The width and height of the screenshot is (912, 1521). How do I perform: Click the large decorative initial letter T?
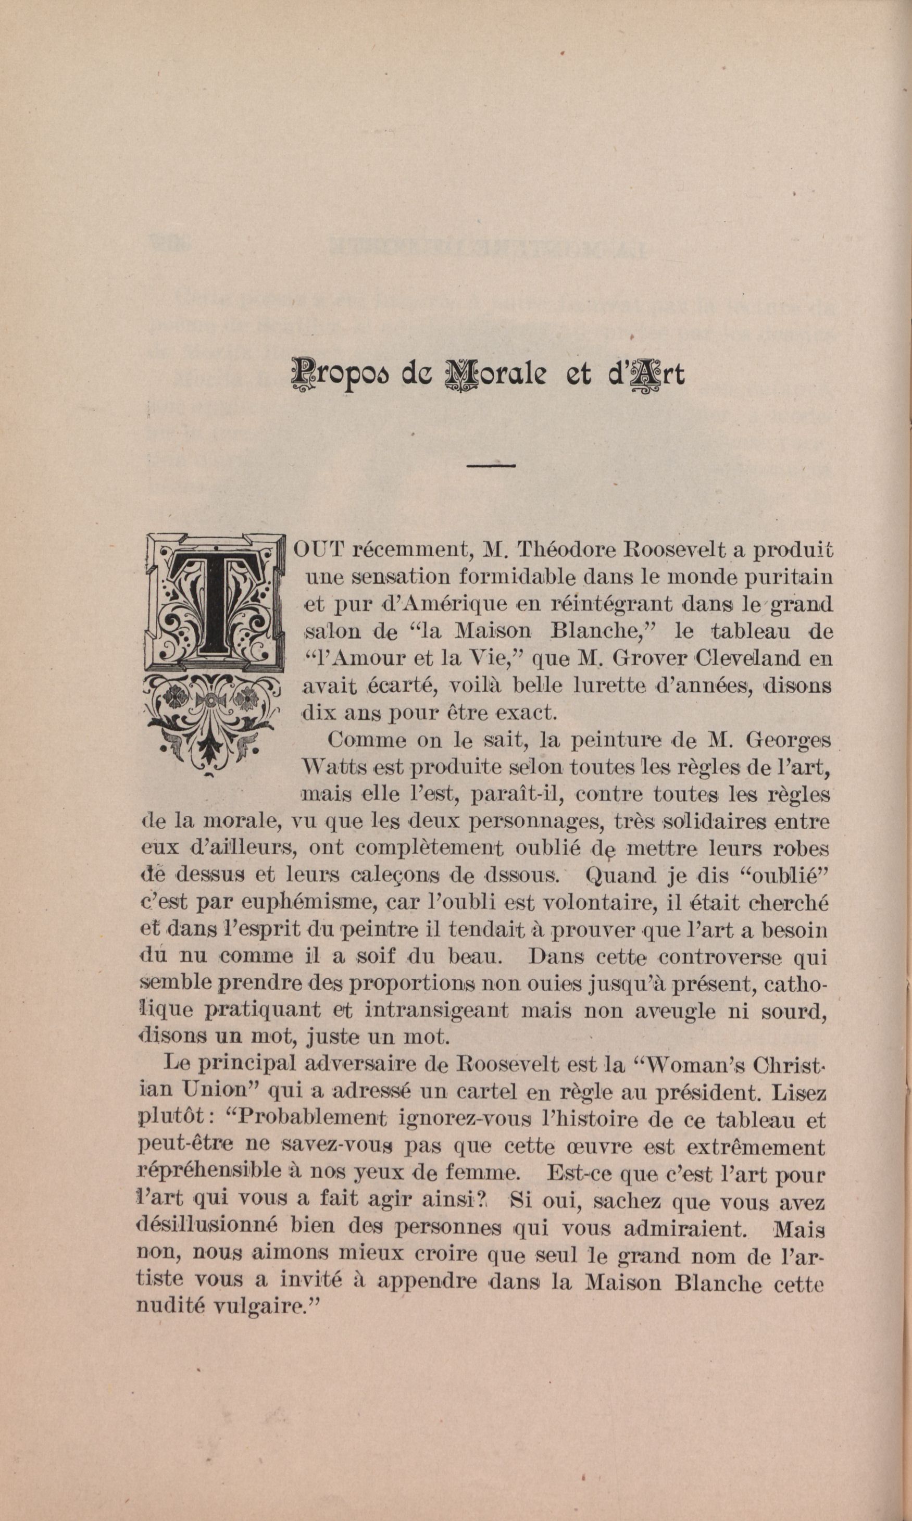213,602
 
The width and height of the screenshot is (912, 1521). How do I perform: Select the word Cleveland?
730,659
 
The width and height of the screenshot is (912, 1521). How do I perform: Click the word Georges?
788,741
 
